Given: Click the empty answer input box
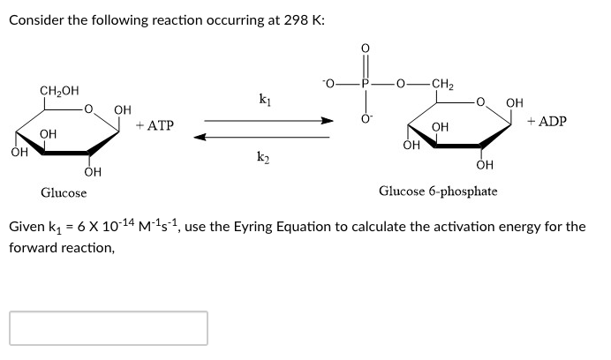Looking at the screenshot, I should tap(109, 327).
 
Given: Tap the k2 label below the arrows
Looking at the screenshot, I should tap(263, 159).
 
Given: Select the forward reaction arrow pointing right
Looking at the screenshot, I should tap(269, 122).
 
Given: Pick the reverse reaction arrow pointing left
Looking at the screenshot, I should tap(262, 137).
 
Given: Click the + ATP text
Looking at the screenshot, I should tap(155, 126).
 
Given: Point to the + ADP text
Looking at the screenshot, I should tap(547, 121).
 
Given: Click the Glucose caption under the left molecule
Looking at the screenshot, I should tap(64, 192).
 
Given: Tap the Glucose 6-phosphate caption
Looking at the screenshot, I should tap(438, 191).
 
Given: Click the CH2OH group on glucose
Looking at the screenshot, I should tap(58, 90).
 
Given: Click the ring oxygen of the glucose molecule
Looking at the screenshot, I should tap(88, 111).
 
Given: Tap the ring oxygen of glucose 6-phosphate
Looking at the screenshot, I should tap(481, 106).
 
